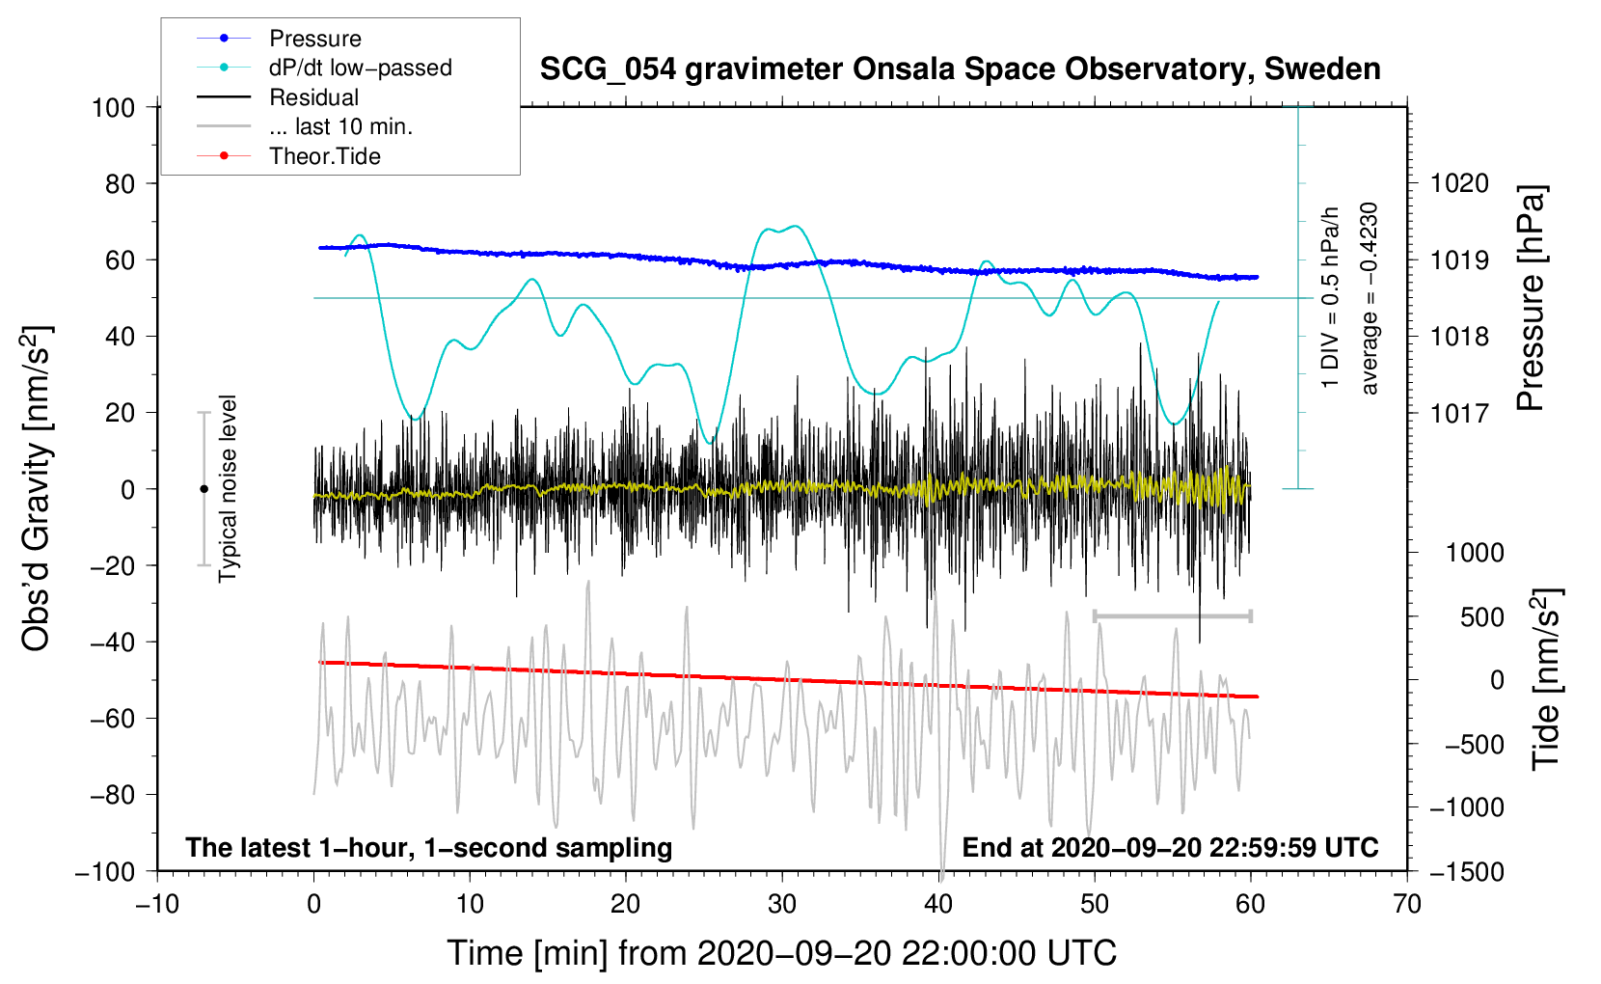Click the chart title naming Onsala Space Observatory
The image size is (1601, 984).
[x=960, y=69]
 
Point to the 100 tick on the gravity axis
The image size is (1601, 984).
[x=114, y=108]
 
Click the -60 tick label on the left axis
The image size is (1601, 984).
[x=112, y=718]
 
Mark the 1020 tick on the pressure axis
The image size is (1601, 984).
[x=1459, y=184]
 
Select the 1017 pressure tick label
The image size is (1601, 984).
[x=1459, y=413]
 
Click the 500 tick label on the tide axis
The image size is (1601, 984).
[x=1481, y=616]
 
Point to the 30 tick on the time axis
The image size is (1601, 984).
[x=782, y=904]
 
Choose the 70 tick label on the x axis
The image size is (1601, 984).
[x=1406, y=904]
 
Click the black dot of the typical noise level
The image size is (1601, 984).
[x=204, y=489]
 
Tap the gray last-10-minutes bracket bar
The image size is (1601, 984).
[x=1172, y=615]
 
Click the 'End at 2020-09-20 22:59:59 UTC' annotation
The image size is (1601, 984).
[x=1170, y=847]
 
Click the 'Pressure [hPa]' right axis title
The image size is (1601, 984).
[x=1531, y=298]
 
